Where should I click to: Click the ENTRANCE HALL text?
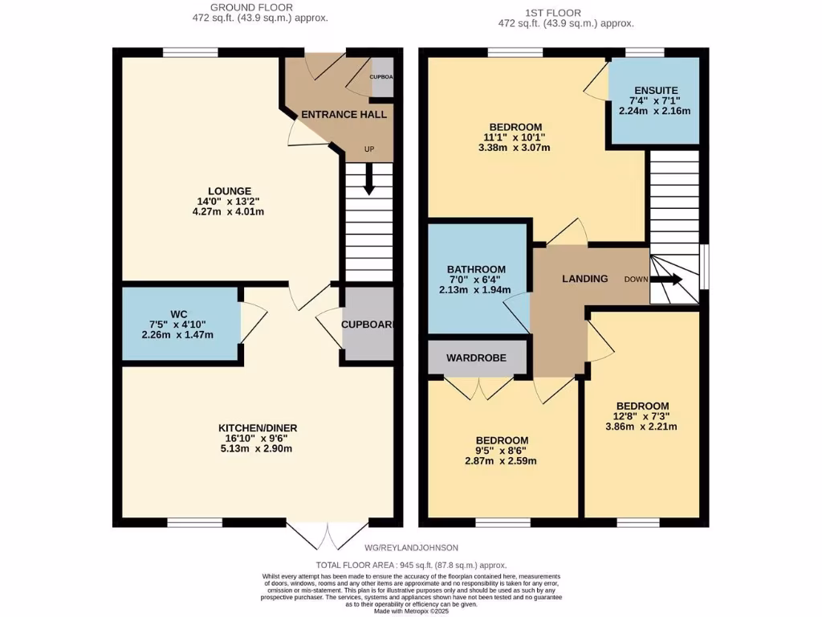tap(344, 115)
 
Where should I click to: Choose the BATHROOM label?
tap(476, 269)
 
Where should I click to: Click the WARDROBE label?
tap(476, 358)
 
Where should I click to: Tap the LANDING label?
tap(584, 279)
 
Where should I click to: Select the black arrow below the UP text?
tap(369, 179)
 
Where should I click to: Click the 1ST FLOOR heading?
tap(552, 13)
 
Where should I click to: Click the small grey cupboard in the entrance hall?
tap(381, 77)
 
